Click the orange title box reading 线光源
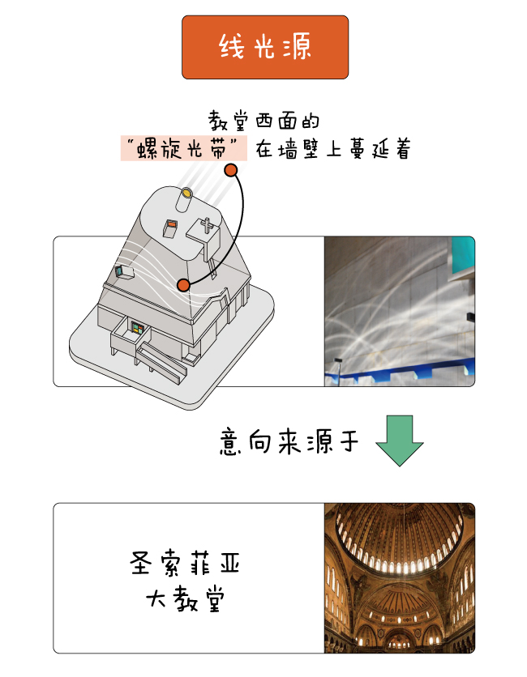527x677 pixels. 265,47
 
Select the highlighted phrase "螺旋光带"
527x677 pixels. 184,148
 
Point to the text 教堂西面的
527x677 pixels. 263,121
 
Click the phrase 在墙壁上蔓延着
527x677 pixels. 332,149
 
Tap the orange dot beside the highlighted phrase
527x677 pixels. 231,170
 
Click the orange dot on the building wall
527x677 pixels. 184,285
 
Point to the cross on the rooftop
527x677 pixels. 207,225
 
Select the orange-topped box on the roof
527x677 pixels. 169,228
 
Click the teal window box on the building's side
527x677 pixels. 124,272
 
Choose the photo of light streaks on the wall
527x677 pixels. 400,311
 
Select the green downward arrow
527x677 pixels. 400,441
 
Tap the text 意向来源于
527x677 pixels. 289,441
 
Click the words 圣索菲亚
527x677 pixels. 185,563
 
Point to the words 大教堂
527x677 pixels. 186,598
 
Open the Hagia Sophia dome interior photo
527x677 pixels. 400,577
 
